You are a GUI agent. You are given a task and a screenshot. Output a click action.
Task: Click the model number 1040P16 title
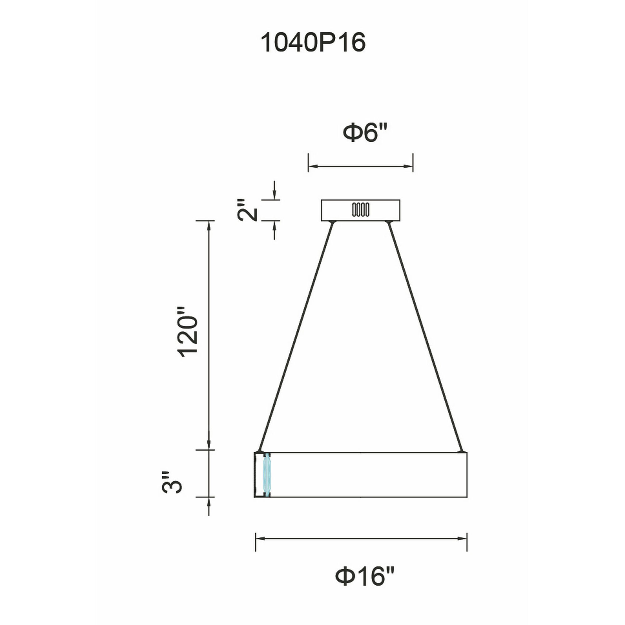(x=313, y=42)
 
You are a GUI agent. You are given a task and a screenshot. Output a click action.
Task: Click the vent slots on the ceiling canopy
(x=361, y=210)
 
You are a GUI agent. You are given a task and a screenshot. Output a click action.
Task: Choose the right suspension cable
(x=426, y=337)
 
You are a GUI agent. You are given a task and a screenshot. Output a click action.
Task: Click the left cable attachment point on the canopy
(x=332, y=222)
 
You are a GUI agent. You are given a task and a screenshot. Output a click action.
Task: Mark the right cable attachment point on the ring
(x=462, y=451)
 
